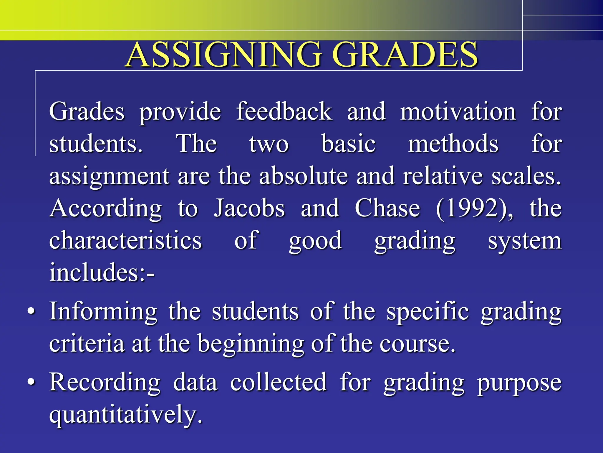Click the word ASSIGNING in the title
point(224,55)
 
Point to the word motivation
point(458,112)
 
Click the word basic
point(348,144)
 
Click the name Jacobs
point(249,208)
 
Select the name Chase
point(387,208)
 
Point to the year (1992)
point(475,209)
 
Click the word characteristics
point(125,240)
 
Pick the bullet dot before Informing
point(31,311)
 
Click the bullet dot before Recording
point(31,382)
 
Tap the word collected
point(278,382)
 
